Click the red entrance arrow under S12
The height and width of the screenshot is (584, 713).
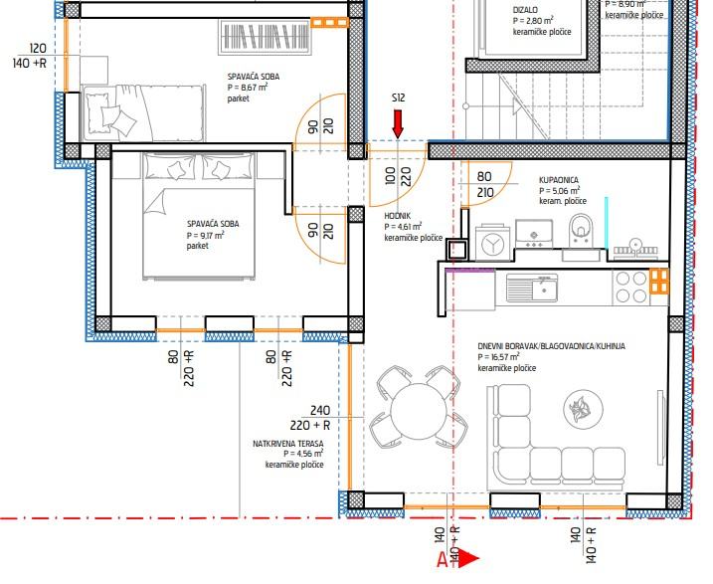[x=398, y=123]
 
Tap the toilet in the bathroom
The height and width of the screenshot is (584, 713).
[x=580, y=230]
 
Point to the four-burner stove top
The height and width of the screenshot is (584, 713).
[x=630, y=287]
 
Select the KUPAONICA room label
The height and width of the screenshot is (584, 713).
[x=559, y=180]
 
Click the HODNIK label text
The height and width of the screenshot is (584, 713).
[x=398, y=216]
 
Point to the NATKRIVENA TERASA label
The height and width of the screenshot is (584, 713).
[x=288, y=444]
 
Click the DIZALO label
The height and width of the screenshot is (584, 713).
[x=525, y=10]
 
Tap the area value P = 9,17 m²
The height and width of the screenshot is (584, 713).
[x=206, y=235]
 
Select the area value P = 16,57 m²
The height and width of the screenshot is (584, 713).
[x=499, y=357]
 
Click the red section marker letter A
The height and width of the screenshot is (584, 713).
[x=443, y=560]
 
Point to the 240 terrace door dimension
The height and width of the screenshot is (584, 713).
[x=320, y=410]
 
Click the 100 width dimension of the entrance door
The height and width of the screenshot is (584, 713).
[x=390, y=177]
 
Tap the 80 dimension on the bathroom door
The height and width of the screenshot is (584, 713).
[x=484, y=176]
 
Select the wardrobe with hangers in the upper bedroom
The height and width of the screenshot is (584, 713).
[x=266, y=37]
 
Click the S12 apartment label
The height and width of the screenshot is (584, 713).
[x=398, y=97]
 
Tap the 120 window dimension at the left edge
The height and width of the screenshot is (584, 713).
[x=38, y=48]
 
